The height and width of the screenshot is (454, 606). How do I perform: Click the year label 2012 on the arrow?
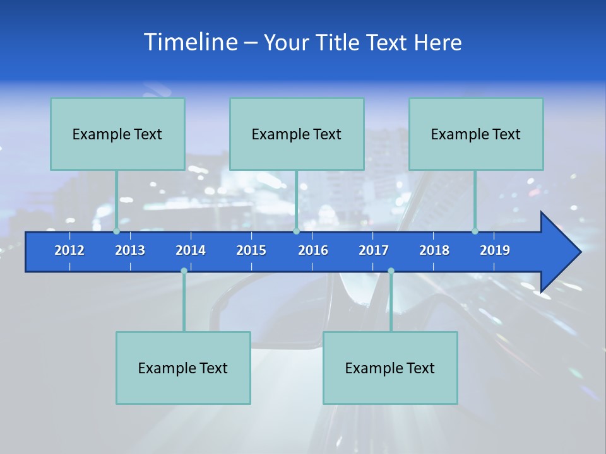coord(69,250)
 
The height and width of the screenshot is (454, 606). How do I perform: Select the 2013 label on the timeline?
coord(130,250)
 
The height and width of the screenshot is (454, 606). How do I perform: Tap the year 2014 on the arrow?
coord(191,250)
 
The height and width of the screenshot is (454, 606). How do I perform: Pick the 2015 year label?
coord(251,250)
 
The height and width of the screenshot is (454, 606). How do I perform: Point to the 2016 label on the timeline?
coord(313,250)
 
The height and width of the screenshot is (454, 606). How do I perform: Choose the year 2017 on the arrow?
coord(374,250)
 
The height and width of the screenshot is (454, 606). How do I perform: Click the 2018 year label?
coord(434,250)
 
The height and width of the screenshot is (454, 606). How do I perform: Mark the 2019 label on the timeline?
coord(495,250)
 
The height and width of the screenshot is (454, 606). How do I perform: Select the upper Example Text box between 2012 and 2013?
coord(117,134)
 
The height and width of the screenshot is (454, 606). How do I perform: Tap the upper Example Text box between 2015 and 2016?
coord(297,134)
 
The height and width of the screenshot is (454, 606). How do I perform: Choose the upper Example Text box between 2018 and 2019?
coord(476,134)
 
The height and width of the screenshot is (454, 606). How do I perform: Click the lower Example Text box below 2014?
coord(183,368)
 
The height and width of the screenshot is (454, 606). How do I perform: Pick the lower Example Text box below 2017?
coord(390,368)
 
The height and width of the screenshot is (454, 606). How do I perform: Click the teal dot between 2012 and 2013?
coord(117,231)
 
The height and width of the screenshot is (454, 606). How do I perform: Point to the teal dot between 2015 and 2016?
coord(296,231)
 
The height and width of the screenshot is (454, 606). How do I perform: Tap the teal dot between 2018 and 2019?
coord(475,231)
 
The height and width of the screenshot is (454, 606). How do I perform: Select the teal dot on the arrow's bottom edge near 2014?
coord(184,271)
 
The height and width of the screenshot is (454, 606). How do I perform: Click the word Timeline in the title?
coord(189,42)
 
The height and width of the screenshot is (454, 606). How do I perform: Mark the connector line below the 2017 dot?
coord(391,303)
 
